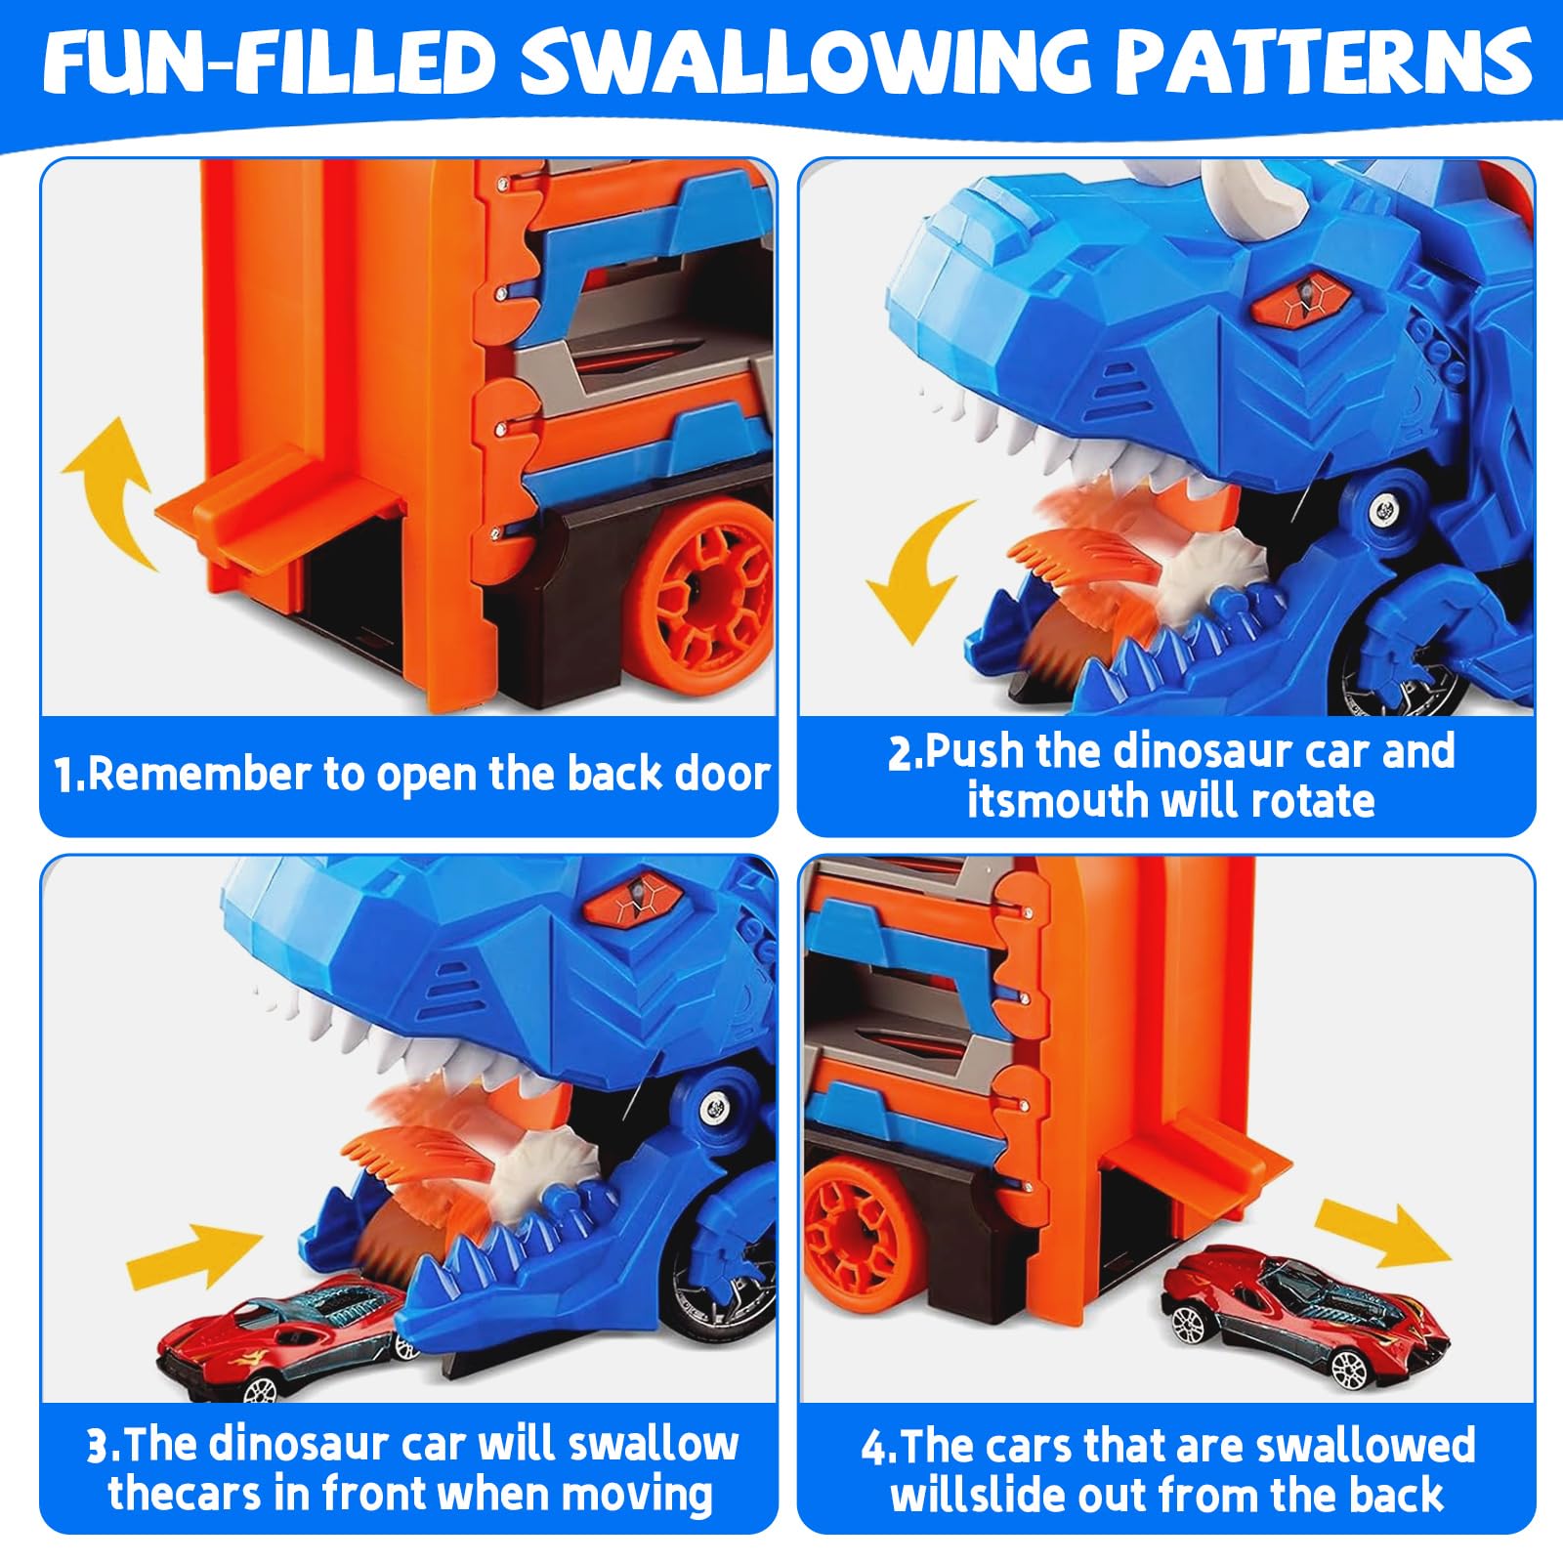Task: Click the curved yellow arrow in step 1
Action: [107, 500]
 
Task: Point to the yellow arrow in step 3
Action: [196, 1255]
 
